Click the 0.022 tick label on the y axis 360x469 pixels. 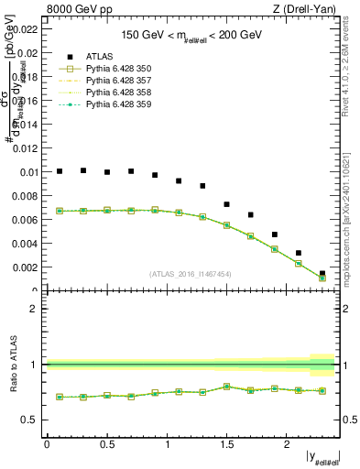pos(25,29)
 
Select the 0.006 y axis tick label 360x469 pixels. pos(25,220)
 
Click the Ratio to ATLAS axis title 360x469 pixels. pos(11,365)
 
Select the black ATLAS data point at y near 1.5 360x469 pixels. pos(227,204)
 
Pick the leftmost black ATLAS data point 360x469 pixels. pos(60,171)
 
